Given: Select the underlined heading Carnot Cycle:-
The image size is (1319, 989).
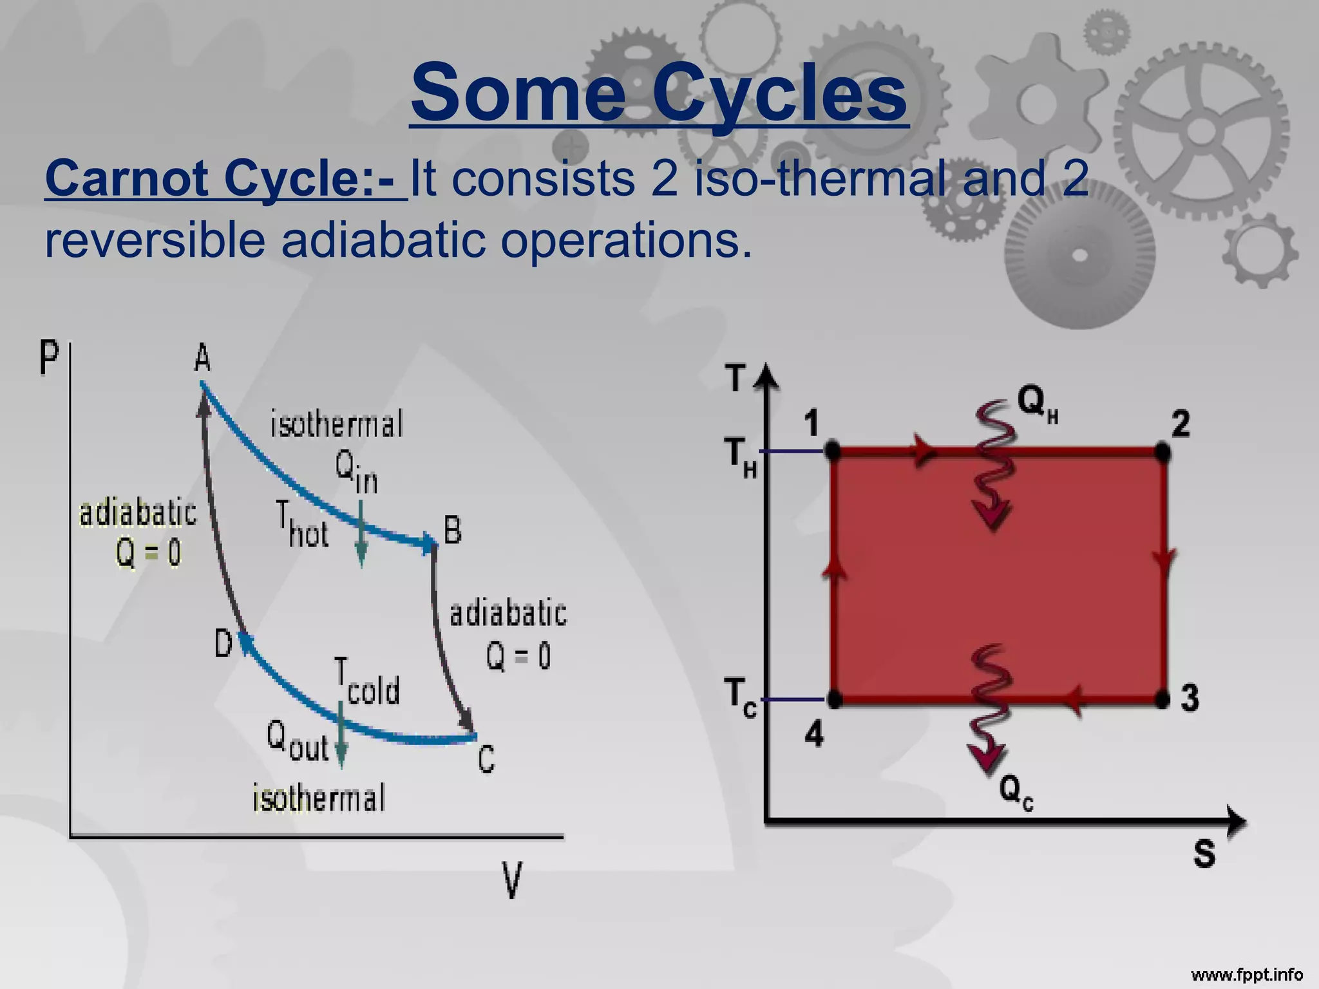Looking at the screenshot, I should [x=225, y=178].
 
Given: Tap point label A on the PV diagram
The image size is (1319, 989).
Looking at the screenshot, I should [x=202, y=358].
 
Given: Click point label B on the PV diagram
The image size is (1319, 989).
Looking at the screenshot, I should [x=453, y=532].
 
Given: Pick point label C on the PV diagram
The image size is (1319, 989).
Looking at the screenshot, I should [x=486, y=759].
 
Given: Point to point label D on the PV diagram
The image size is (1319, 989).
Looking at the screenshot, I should [x=223, y=643].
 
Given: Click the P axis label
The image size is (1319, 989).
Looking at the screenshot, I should [x=49, y=357].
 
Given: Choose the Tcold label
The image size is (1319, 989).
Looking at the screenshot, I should [x=367, y=683].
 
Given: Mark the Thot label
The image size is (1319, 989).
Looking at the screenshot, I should [x=303, y=525].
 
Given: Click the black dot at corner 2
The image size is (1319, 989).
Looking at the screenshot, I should [x=1162, y=452].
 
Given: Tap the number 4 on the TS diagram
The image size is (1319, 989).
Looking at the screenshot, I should [x=814, y=734].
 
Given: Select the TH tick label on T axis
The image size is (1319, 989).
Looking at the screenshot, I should [x=740, y=457].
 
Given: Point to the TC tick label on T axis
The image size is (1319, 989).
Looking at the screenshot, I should [x=740, y=698].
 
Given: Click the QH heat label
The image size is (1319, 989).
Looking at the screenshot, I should [x=1038, y=404].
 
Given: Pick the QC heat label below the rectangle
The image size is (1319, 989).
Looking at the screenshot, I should [x=1016, y=792].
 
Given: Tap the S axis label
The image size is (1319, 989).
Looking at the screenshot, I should [x=1204, y=854].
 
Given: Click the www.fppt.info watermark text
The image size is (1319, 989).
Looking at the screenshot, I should [x=1247, y=974].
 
